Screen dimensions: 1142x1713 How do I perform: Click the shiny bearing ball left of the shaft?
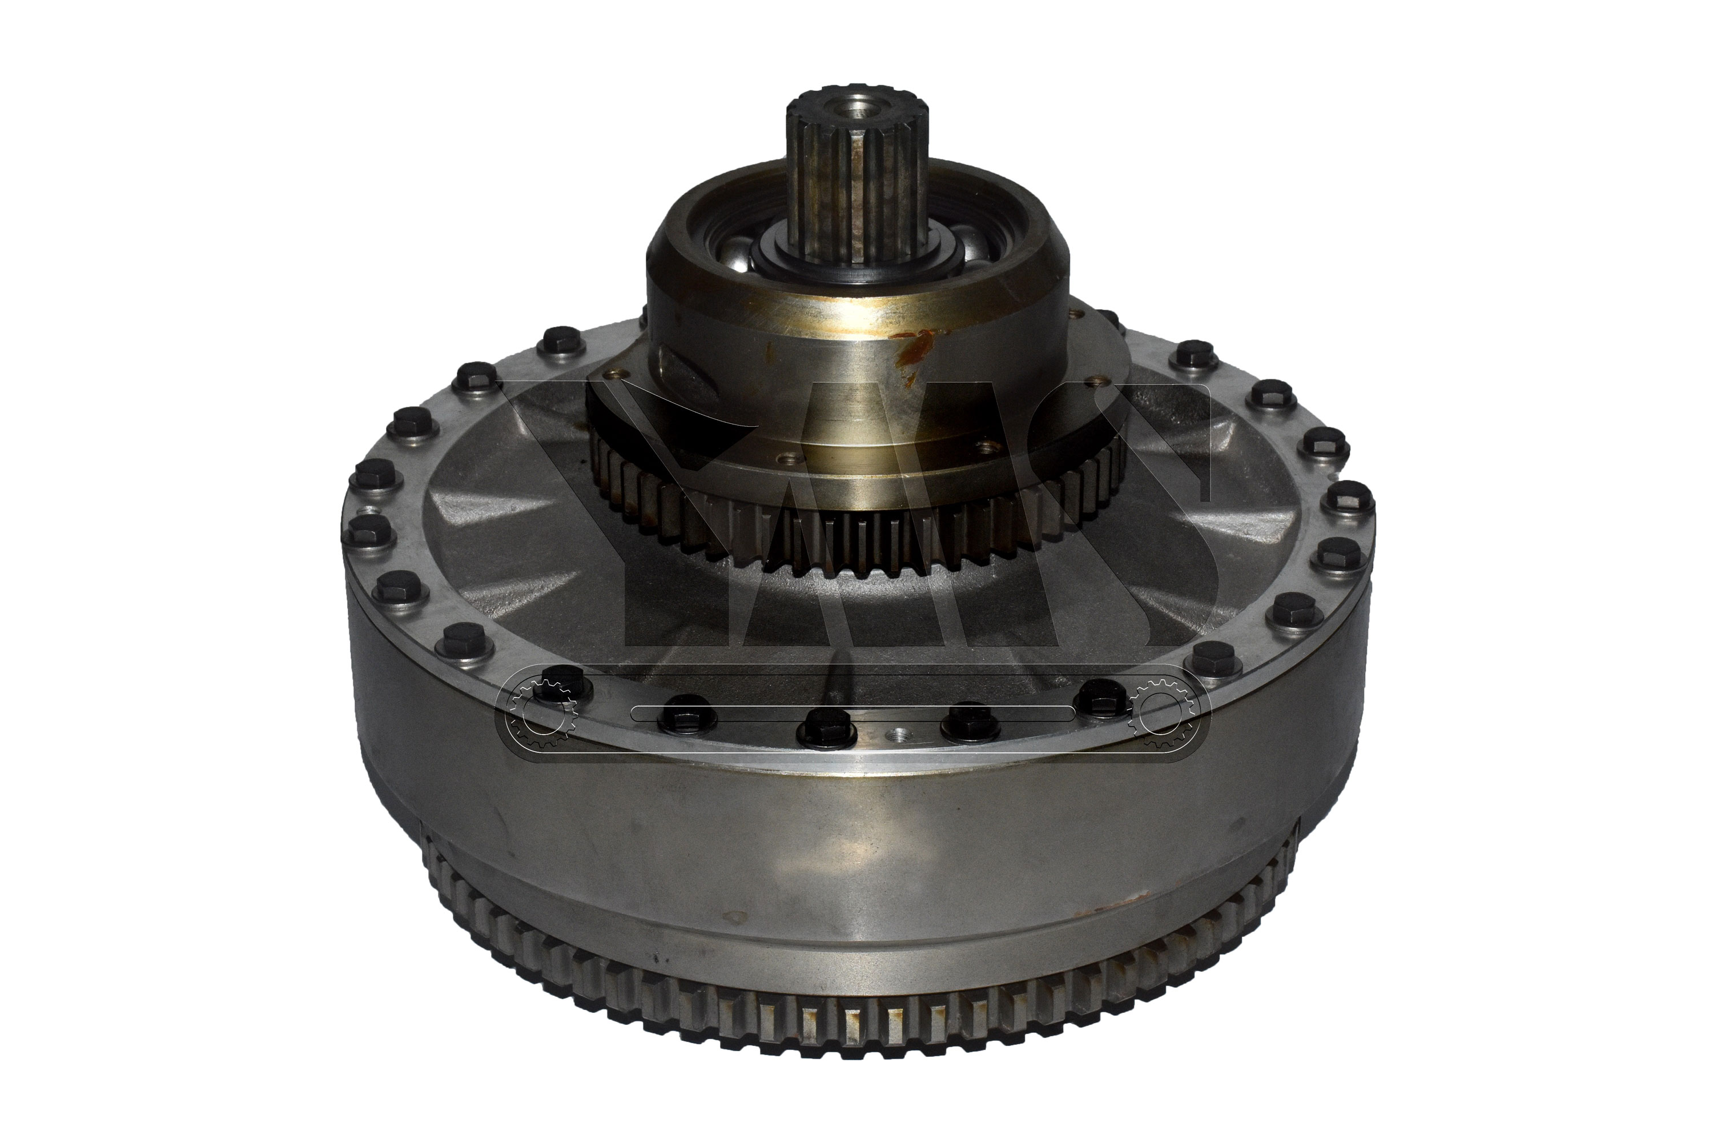(742, 259)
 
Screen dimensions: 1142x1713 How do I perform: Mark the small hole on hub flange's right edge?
(1091, 378)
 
